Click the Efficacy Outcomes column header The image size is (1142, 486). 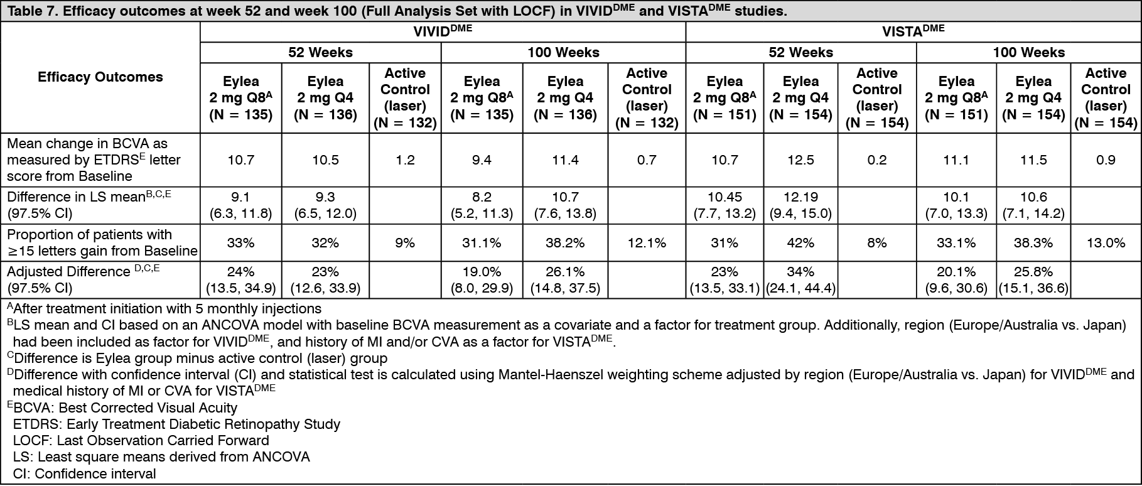click(x=100, y=77)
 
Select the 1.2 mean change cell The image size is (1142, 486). click(x=405, y=160)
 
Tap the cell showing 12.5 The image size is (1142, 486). click(x=800, y=160)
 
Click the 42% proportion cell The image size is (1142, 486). click(x=800, y=243)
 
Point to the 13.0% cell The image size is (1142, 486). click(x=1106, y=243)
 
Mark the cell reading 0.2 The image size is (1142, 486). click(x=877, y=160)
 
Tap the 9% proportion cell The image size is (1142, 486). click(x=405, y=243)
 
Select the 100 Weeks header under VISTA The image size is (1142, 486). click(x=1029, y=53)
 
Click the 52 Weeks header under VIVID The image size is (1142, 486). click(x=321, y=53)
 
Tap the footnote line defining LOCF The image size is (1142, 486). click(x=141, y=441)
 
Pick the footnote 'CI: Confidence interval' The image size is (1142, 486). click(x=84, y=473)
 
